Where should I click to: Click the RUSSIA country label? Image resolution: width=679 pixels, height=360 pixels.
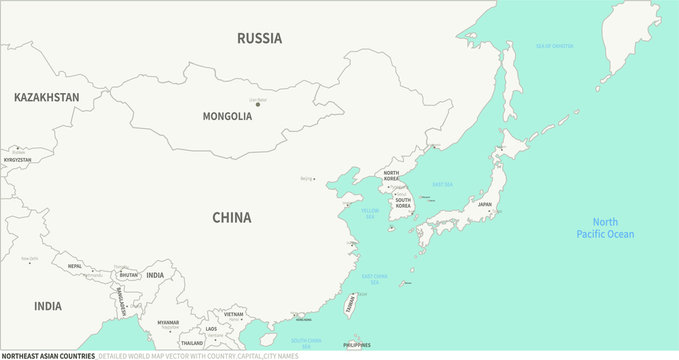point(259,38)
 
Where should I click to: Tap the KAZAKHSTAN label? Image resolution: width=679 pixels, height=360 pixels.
point(46,97)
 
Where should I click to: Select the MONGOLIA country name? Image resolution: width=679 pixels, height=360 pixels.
point(227,116)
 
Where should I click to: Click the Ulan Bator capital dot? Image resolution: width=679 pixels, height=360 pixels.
point(258,105)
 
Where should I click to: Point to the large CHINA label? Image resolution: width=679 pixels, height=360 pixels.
point(231,217)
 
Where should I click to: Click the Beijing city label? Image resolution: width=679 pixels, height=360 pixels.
point(306,179)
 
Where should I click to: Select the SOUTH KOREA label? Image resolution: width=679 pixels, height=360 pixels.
point(403,203)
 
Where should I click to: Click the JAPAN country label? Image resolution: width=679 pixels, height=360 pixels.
point(484,205)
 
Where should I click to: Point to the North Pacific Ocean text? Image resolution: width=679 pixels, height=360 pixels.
point(605,228)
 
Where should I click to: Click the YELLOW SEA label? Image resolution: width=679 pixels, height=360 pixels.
point(370,213)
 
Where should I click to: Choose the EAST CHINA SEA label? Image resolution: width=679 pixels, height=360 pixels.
point(375,279)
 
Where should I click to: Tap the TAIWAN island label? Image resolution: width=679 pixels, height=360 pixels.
point(351,306)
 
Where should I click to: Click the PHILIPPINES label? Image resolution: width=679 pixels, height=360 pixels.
point(356,345)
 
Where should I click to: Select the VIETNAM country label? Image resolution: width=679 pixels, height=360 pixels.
point(233,314)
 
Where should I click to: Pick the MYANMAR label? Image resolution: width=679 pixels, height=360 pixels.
point(168,322)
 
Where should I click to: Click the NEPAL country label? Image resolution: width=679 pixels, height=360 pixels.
point(75,266)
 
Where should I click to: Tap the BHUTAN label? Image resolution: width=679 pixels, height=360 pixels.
point(128,274)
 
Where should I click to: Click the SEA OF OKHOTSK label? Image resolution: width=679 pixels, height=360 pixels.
point(555,46)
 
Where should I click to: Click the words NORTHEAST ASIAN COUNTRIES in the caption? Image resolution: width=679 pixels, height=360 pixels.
point(48,355)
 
